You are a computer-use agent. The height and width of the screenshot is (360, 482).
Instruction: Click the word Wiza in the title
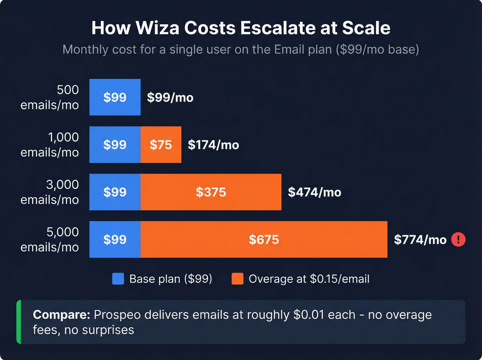pyautogui.click(x=157, y=28)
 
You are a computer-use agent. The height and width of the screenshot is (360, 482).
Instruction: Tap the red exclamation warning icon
pyautogui.click(x=458, y=239)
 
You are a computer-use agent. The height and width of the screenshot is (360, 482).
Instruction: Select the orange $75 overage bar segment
pyautogui.click(x=161, y=145)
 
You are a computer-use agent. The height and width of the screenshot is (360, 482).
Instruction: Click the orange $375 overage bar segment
pyautogui.click(x=211, y=192)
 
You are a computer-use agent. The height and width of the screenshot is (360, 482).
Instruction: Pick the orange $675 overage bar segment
pyautogui.click(x=264, y=239)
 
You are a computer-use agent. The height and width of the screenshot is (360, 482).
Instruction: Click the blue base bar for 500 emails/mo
pyautogui.click(x=115, y=97)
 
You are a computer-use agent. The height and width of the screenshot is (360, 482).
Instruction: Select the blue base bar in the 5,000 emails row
pyautogui.click(x=115, y=239)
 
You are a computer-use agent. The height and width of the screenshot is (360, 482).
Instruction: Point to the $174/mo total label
pyautogui.click(x=213, y=145)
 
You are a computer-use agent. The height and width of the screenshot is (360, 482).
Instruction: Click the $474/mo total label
pyautogui.click(x=314, y=192)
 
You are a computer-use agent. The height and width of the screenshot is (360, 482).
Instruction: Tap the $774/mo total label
pyautogui.click(x=420, y=239)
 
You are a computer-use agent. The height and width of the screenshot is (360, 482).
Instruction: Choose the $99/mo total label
pyautogui.click(x=170, y=97)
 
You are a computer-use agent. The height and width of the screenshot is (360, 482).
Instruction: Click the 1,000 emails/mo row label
pyautogui.click(x=50, y=145)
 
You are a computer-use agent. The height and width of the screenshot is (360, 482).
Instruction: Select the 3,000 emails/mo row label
pyautogui.click(x=50, y=192)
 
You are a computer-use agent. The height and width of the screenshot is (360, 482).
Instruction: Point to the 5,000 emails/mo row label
pyautogui.click(x=50, y=239)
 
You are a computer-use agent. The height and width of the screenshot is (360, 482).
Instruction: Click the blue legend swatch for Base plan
pyautogui.click(x=118, y=279)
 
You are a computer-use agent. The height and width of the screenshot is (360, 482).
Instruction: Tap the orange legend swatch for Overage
pyautogui.click(x=238, y=279)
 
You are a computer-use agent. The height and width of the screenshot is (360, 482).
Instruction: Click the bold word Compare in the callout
pyautogui.click(x=61, y=315)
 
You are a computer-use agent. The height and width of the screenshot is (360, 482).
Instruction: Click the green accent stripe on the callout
pyautogui.click(x=19, y=322)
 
